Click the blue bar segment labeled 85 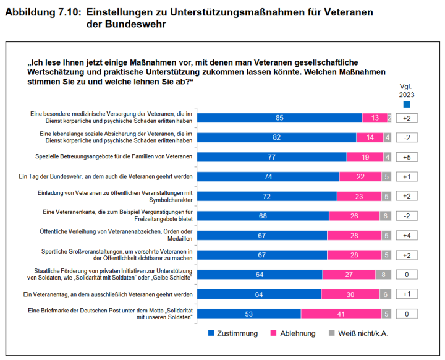coord(280,118)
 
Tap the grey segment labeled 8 coord(383,275)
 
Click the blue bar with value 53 coord(250,314)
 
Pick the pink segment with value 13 coord(375,118)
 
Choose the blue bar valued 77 coord(272,157)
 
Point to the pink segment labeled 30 coord(350,294)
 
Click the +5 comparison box coord(407,157)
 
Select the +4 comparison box coord(407,236)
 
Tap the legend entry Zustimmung coord(232,334)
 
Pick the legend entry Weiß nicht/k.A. coord(356,334)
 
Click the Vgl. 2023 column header coord(407,90)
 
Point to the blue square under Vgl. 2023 coord(407,105)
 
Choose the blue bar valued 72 coord(267,197)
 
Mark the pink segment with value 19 coord(365,157)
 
